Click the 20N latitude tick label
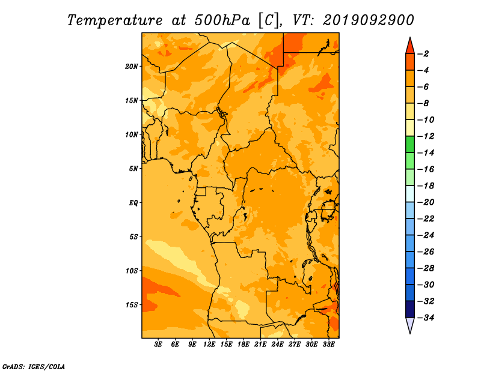[x=132, y=67]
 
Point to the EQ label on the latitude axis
[x=133, y=203]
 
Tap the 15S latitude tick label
[x=132, y=305]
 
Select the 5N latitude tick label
[x=133, y=169]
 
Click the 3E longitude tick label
[x=158, y=344]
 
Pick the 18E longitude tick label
[x=244, y=344]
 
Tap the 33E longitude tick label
[x=328, y=344]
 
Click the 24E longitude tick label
[x=277, y=344]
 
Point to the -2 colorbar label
[x=423, y=54]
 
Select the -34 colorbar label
[x=426, y=318]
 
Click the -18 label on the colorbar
[x=426, y=185]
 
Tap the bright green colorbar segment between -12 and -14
[x=410, y=144]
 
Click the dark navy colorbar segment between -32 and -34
[x=410, y=309]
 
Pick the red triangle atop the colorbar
[x=410, y=47]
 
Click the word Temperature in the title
[x=115, y=20]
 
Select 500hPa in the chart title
[x=222, y=20]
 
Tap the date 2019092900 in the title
[x=369, y=20]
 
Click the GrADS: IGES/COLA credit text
[x=34, y=367]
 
